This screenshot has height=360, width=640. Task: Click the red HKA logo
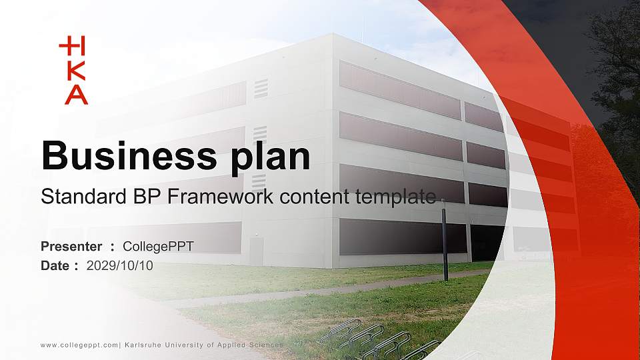(73, 71)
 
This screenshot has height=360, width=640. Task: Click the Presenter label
(71, 247)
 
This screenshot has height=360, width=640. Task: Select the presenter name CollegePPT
(158, 247)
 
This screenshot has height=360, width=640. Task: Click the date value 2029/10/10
(120, 265)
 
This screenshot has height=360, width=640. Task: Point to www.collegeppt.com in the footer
(79, 345)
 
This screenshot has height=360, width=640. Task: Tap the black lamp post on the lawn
(444, 240)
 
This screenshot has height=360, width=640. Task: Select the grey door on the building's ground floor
(256, 251)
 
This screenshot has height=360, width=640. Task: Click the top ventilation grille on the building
(261, 88)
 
